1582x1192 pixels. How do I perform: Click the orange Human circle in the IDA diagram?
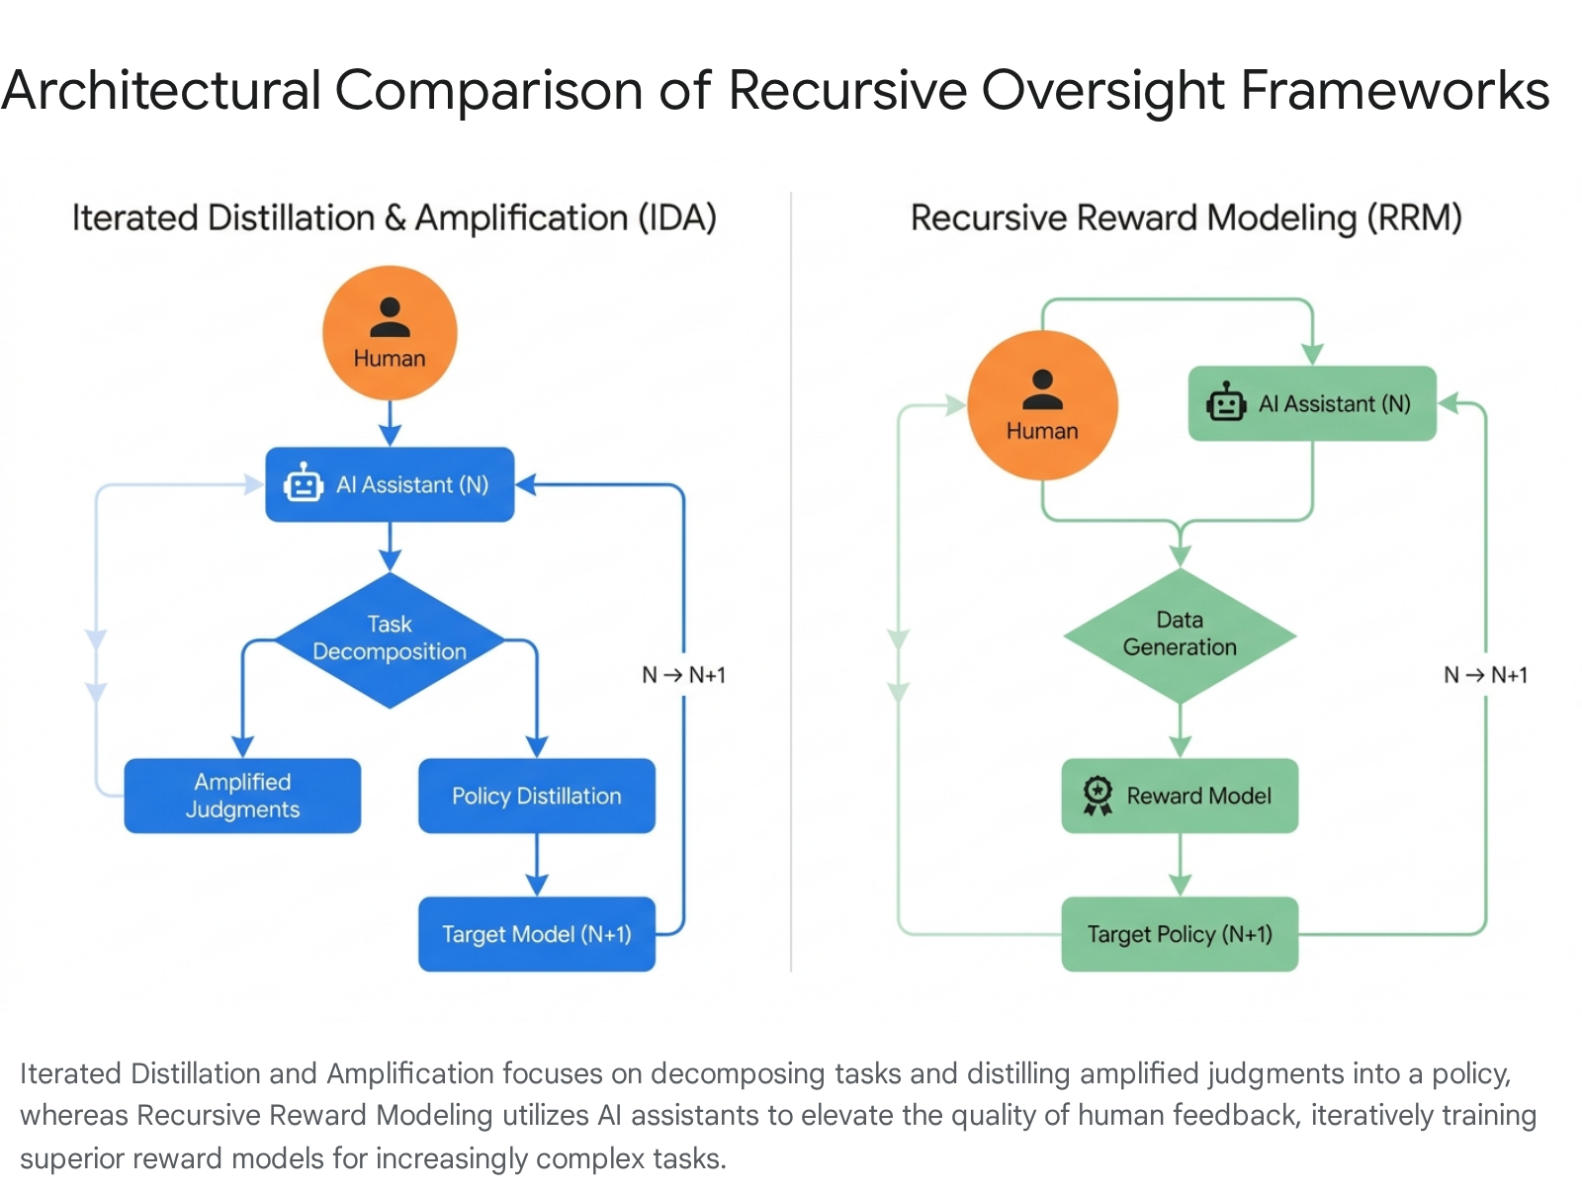(390, 333)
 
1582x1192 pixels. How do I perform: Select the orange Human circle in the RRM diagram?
(1042, 405)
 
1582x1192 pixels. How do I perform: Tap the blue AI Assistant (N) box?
(390, 484)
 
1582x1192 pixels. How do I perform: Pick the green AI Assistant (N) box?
(1312, 403)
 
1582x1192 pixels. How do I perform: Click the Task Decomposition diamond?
(390, 639)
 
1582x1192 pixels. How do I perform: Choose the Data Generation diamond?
(1180, 636)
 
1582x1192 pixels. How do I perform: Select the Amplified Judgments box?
(242, 795)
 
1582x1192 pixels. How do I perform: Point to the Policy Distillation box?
(536, 795)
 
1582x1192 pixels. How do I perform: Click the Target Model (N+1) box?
(536, 933)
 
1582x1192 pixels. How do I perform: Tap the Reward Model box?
(1180, 795)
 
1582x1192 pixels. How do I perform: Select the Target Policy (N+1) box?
(1180, 933)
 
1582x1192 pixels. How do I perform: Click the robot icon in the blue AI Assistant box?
(303, 482)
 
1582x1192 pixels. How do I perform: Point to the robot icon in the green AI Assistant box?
(1226, 402)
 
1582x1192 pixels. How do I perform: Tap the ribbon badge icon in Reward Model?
(1098, 795)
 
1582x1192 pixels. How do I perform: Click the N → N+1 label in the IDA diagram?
(683, 675)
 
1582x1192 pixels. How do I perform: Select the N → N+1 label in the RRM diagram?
(1485, 675)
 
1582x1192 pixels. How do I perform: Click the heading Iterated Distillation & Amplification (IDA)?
(395, 217)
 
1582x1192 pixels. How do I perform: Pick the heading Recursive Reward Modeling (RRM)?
(1186, 217)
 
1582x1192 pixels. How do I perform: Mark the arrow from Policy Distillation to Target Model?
(536, 865)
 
